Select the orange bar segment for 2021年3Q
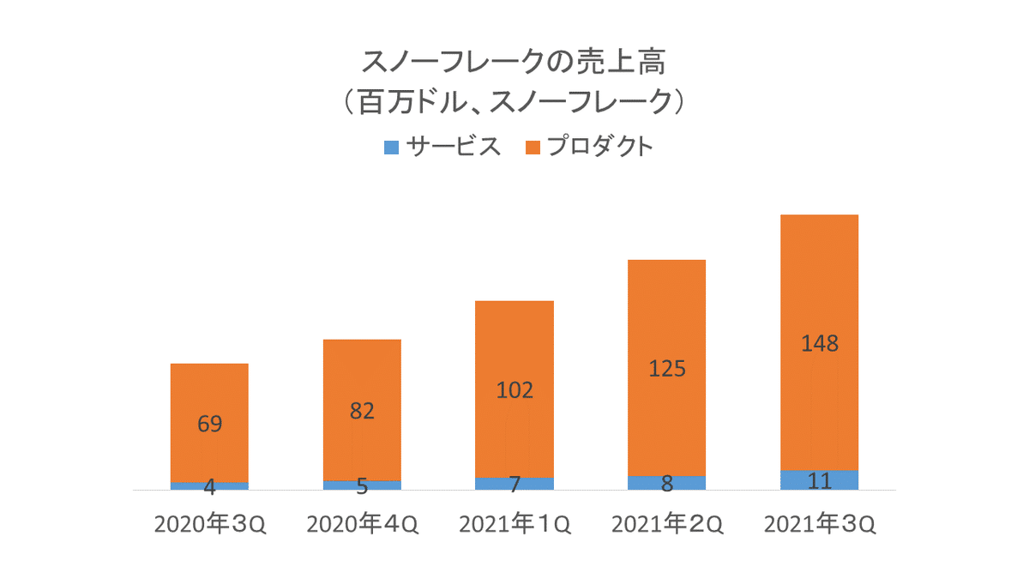pos(820,283)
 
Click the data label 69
pos(209,424)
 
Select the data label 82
pos(362,412)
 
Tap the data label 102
pos(514,391)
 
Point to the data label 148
pos(820,345)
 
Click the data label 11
pos(820,480)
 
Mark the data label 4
pos(209,486)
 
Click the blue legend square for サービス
pos(391,148)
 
